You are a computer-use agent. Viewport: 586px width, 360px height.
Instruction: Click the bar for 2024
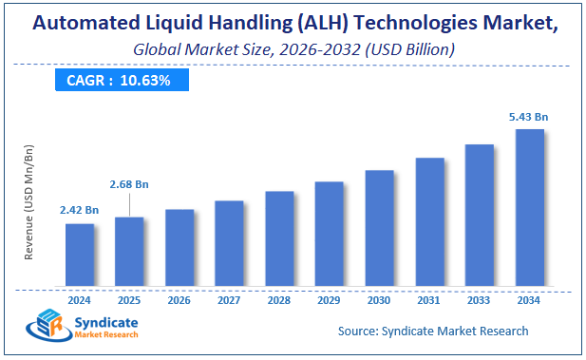[80, 255]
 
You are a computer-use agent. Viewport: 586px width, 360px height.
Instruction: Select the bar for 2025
[129, 251]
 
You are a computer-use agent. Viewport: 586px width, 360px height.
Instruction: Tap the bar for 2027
[229, 243]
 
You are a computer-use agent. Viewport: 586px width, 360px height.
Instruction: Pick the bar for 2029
[329, 234]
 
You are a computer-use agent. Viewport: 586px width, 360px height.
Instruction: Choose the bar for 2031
[429, 221]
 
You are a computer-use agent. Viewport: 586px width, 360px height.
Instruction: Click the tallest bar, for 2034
[529, 207]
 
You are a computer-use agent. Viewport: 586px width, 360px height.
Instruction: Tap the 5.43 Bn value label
[529, 116]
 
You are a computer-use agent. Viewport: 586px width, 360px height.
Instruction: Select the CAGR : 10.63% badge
[118, 81]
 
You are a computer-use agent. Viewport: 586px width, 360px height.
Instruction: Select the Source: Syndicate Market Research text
[433, 331]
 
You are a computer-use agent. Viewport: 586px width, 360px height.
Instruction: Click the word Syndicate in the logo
[105, 323]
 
